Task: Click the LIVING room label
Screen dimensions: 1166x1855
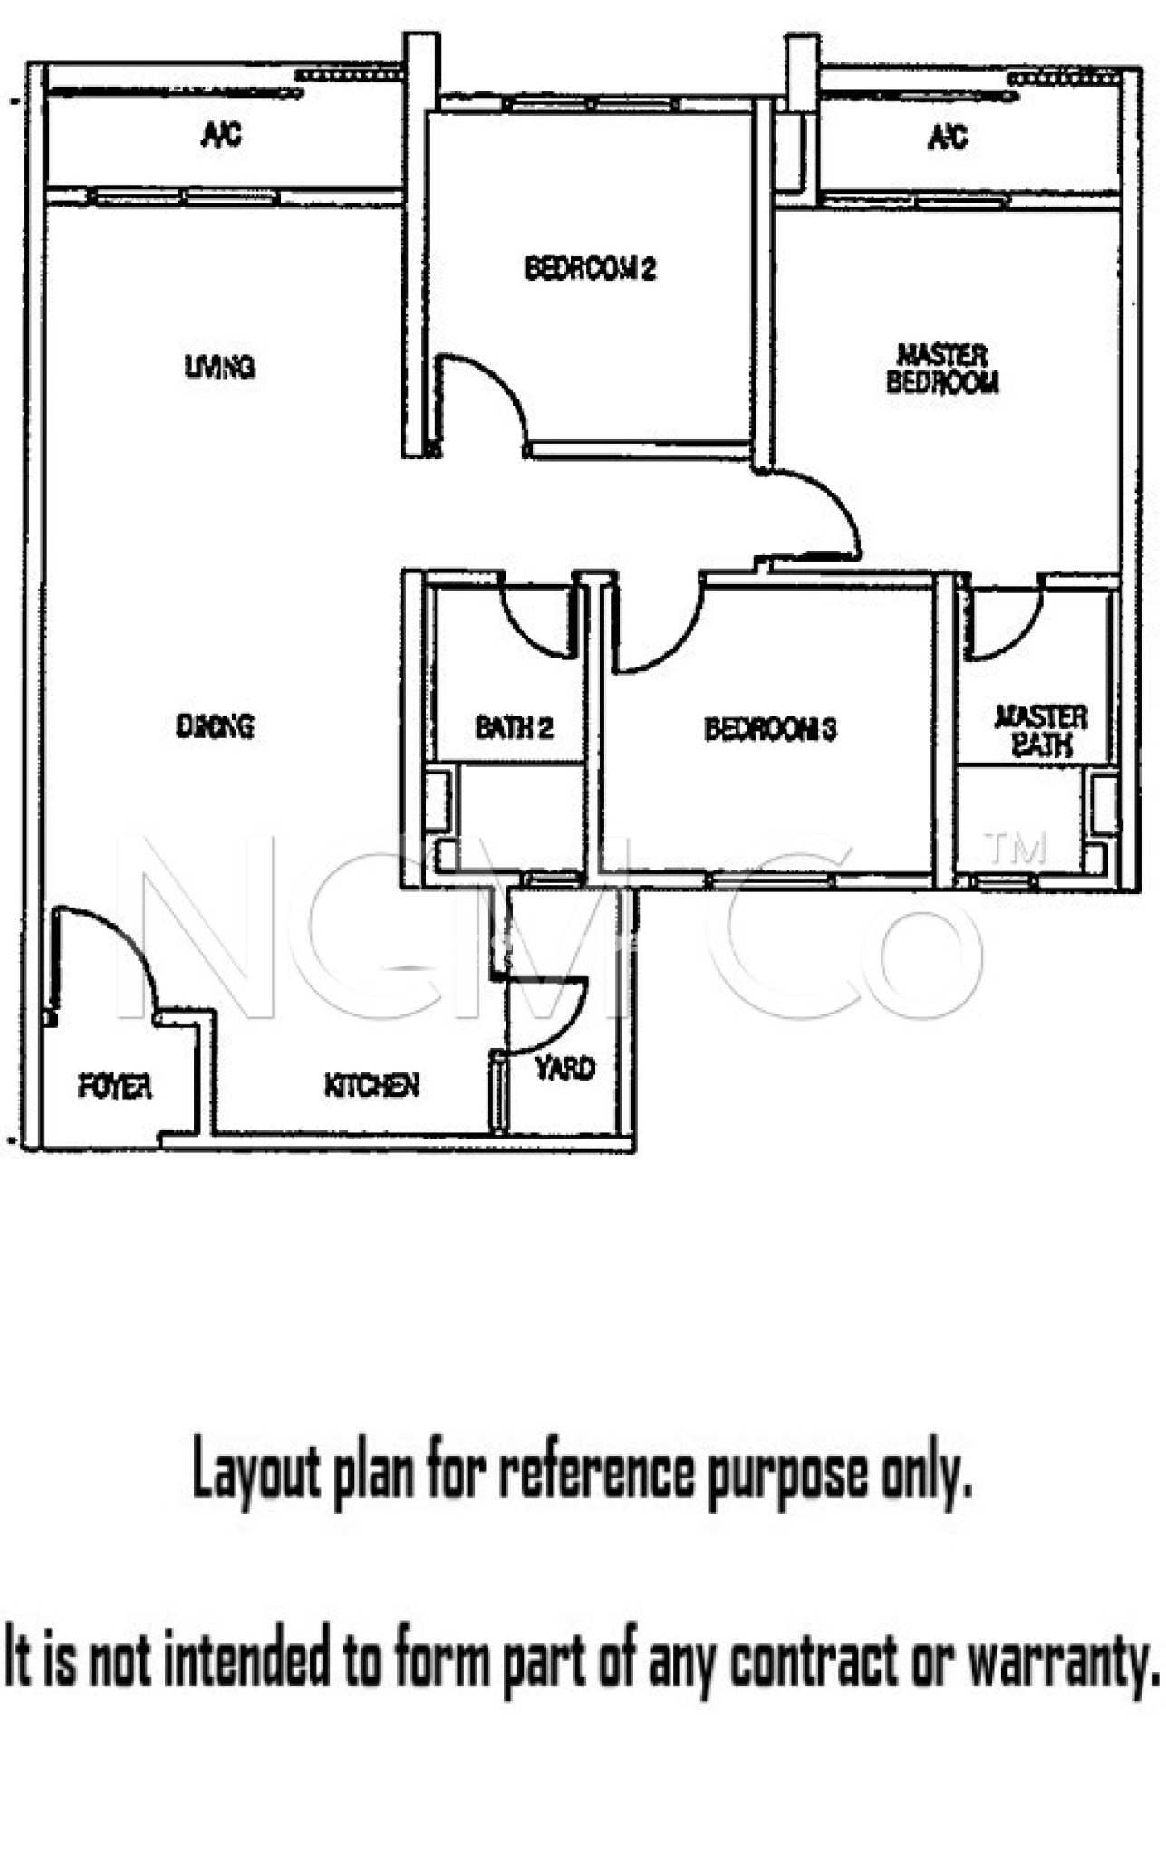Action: coord(219,367)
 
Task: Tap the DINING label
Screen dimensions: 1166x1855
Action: coord(215,726)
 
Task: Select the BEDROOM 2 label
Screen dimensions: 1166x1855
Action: coord(590,268)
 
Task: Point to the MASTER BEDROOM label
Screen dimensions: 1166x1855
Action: coord(942,368)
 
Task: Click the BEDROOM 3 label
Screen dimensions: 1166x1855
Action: coord(770,728)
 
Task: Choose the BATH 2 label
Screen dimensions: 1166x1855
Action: coord(514,726)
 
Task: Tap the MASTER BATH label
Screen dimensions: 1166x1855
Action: coord(1041,730)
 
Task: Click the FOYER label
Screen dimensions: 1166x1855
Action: coord(114,1086)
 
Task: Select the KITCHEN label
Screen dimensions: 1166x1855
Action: coord(371,1084)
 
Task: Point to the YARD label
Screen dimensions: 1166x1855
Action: coord(565,1068)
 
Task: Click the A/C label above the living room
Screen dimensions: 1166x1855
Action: coord(221,136)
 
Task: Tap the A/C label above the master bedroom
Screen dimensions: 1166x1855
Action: coord(948,137)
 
